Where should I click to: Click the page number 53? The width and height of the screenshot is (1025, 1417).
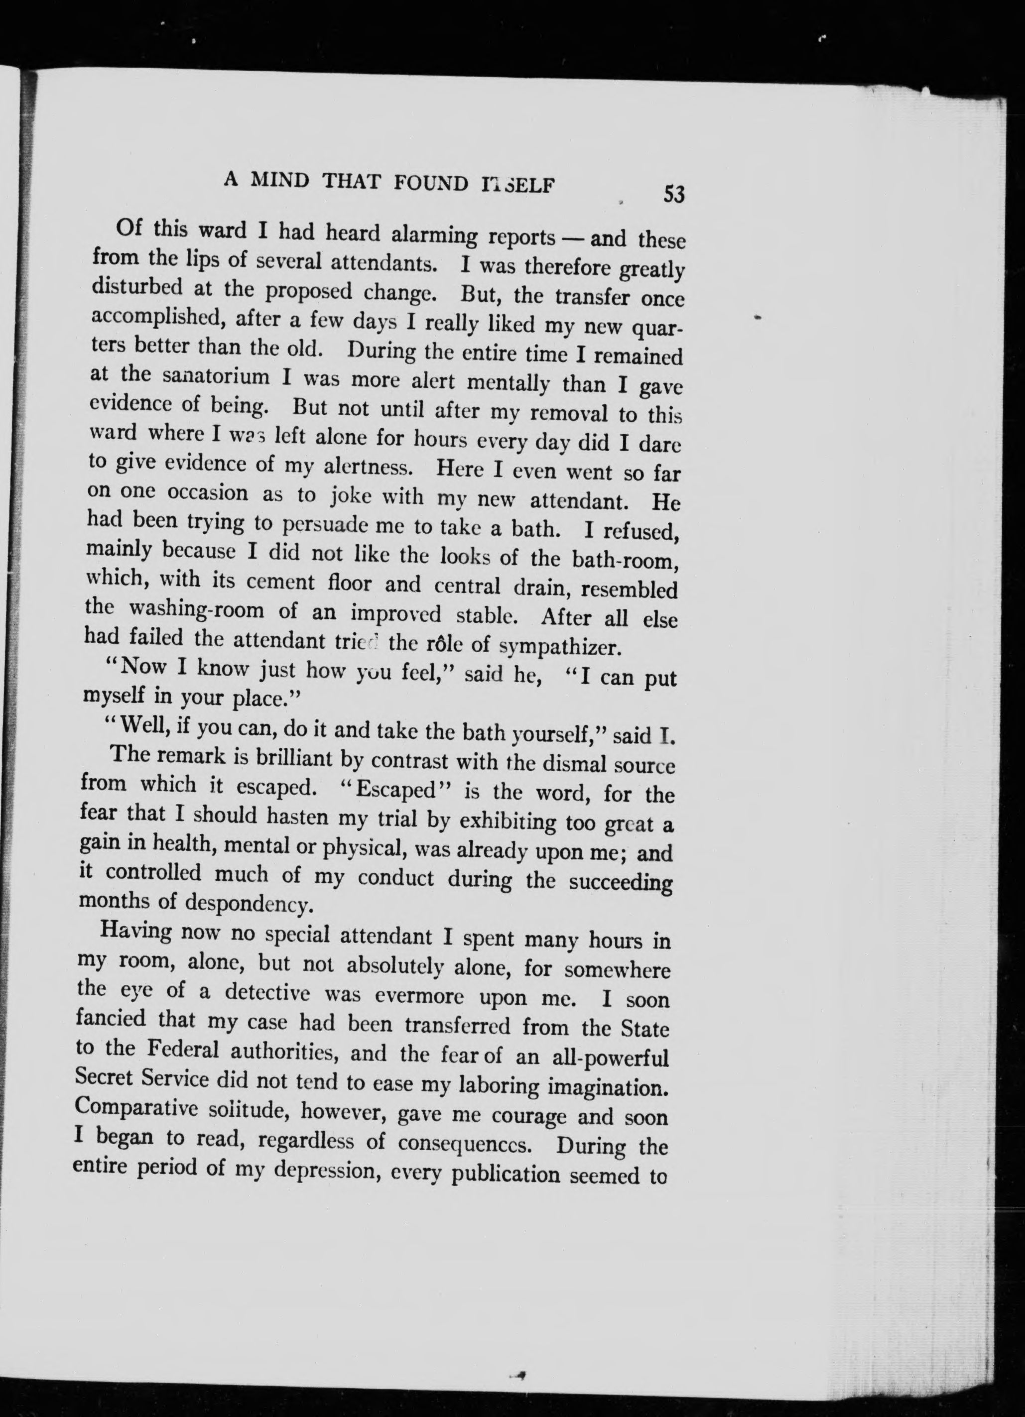674,194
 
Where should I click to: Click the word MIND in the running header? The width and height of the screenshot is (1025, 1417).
279,181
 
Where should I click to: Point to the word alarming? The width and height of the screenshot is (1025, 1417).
436,236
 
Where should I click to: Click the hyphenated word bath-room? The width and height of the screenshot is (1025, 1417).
626,560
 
